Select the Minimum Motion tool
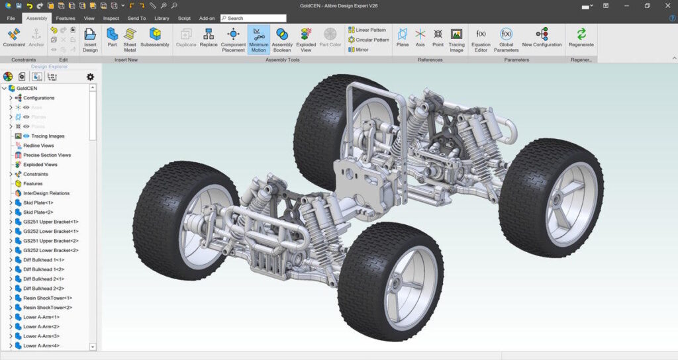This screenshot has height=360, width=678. point(258,39)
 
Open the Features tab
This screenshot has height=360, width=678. point(66,18)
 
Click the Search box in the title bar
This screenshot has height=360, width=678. point(254,18)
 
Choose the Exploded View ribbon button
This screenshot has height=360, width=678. point(306,39)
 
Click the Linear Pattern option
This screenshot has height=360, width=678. point(367,30)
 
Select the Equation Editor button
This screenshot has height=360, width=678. point(481,39)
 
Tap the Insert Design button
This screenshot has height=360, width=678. point(90,39)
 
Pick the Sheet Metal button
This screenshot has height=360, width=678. point(130,39)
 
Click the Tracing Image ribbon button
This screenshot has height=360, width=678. point(456,39)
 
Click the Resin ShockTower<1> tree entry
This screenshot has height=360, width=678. point(48,298)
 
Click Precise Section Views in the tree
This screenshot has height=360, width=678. point(47,155)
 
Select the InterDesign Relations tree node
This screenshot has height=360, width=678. point(46,193)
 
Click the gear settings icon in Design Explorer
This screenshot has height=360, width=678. point(90,77)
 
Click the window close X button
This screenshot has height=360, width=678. point(665,6)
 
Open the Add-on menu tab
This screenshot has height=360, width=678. point(207,18)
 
